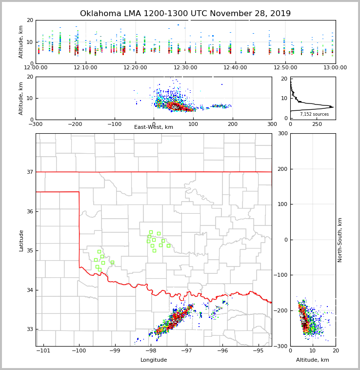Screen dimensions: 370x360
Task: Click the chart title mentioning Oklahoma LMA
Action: point(185,14)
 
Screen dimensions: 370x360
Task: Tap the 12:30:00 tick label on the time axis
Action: point(185,68)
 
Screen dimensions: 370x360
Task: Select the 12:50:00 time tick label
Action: point(285,68)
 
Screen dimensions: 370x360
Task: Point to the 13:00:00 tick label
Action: point(335,68)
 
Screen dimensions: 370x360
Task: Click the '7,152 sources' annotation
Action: point(314,114)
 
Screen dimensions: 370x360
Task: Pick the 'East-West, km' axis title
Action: point(154,127)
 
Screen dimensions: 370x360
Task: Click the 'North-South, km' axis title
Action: point(340,240)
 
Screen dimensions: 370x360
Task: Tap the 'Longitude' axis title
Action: point(154,360)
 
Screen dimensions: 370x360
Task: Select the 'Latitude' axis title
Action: point(21,240)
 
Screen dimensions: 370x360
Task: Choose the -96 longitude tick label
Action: point(222,350)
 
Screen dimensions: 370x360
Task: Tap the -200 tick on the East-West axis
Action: point(75,124)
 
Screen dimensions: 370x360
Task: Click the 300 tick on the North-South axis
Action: point(283,133)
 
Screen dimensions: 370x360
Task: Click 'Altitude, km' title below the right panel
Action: point(313,360)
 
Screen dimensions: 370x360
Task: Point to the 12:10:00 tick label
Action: point(86,68)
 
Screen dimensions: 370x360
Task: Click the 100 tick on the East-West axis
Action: point(193,124)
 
